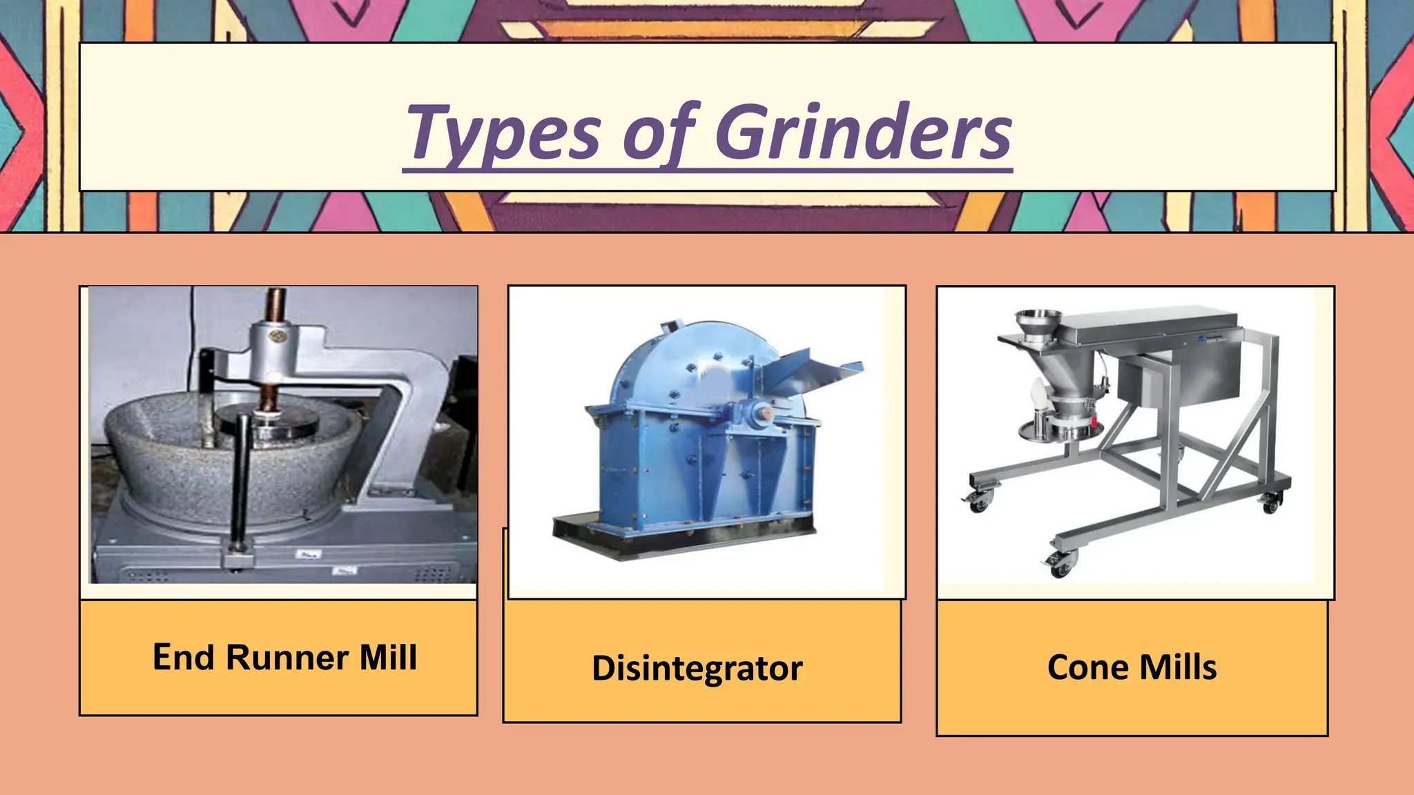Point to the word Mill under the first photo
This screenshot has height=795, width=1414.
[x=388, y=657]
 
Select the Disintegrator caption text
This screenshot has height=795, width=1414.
[x=697, y=668]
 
